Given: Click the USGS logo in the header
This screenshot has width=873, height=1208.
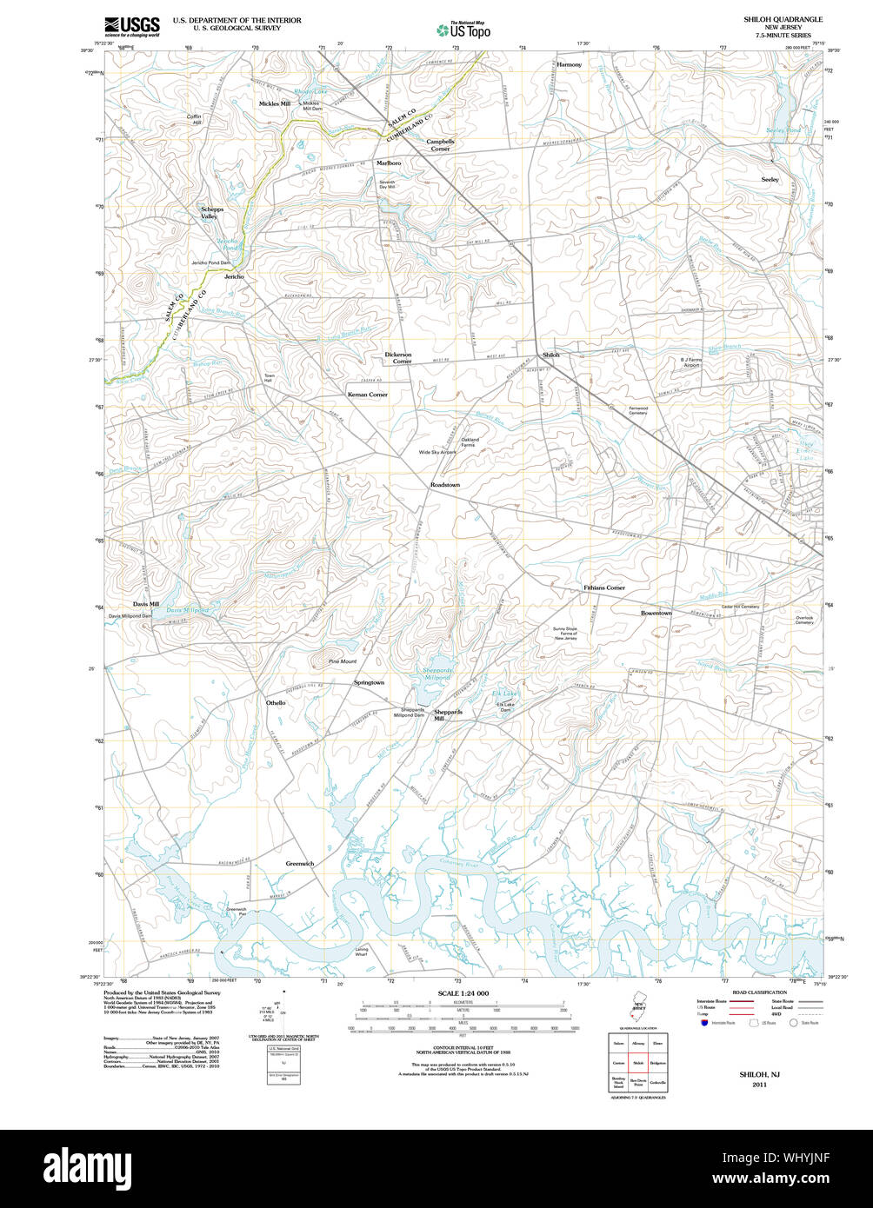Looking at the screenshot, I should click(x=131, y=26).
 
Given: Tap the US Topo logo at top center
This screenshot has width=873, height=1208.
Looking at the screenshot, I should click(x=463, y=30).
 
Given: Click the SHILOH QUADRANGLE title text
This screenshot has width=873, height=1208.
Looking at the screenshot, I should click(x=783, y=18).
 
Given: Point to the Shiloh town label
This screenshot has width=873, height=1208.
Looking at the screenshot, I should click(x=551, y=355).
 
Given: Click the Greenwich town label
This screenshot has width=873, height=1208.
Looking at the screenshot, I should click(x=300, y=864).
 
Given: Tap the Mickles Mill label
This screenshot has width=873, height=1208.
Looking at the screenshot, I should click(x=275, y=103).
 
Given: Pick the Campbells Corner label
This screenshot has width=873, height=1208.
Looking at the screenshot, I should click(x=440, y=145).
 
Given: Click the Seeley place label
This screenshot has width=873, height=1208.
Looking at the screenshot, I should click(x=770, y=179).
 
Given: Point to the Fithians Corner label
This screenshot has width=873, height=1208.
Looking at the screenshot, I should click(x=603, y=588).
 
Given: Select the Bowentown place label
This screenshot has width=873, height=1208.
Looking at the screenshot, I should click(x=656, y=614).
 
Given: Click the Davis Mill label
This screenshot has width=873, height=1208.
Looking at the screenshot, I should click(x=146, y=604).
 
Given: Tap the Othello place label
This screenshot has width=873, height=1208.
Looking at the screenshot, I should click(x=276, y=702).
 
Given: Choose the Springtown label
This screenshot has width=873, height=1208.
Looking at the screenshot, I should click(x=369, y=683).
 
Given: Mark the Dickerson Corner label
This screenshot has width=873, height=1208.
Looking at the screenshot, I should click(x=398, y=358).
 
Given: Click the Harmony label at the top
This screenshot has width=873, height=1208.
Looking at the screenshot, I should click(x=569, y=65).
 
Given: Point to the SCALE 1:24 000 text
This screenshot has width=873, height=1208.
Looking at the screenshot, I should click(x=463, y=993).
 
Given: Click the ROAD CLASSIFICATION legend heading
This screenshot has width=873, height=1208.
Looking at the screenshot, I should click(x=759, y=992).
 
